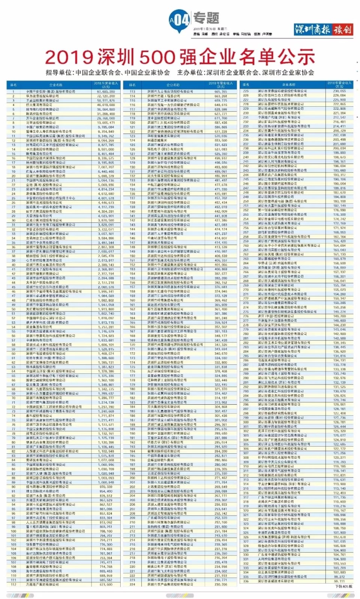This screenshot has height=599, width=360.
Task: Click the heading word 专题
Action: tap(206, 18)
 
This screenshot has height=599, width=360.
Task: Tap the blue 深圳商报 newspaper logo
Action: tap(312, 29)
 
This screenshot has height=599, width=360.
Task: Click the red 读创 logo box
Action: tap(342, 29)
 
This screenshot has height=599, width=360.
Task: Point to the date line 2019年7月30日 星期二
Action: tap(210, 29)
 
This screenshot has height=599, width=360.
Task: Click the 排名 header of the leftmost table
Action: tap(13, 85)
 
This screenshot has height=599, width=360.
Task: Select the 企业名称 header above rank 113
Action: tap(173, 85)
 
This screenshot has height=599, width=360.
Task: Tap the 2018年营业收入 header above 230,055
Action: tap(339, 84)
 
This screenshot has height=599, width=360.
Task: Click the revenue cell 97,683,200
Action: tap(106, 91)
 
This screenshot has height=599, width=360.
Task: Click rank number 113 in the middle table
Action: tap(132, 91)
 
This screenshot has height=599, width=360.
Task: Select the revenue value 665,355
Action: tap(221, 91)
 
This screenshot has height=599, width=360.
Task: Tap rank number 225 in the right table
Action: tap(246, 91)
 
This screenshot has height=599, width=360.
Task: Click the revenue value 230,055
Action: tap(339, 91)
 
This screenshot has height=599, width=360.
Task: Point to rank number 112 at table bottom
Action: tap(13, 584)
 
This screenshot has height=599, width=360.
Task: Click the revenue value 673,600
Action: tap(106, 584)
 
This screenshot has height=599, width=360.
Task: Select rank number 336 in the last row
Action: tap(246, 581)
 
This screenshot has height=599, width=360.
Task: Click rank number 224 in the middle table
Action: tap(132, 584)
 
